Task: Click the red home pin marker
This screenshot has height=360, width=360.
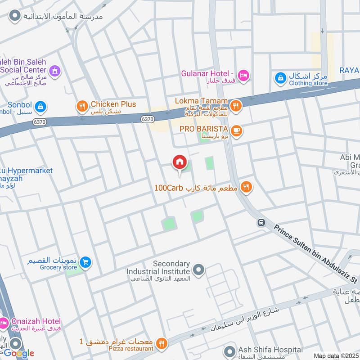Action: click(180, 162)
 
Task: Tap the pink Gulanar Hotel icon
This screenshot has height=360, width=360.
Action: click(243, 76)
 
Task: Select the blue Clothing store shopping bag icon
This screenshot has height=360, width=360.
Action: click(280, 78)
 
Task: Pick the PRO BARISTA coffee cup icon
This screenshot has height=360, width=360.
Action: click(237, 131)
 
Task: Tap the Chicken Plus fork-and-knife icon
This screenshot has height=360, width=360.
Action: click(82, 106)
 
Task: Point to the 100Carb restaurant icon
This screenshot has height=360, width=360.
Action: click(246, 187)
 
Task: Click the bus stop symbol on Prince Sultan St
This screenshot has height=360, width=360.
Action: click(261, 222)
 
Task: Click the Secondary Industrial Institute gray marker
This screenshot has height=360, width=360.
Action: click(198, 270)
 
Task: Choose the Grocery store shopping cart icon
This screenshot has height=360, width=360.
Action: click(85, 261)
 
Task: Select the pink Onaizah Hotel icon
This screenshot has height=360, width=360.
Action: click(4, 323)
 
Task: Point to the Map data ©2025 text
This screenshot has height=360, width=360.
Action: click(336, 355)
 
